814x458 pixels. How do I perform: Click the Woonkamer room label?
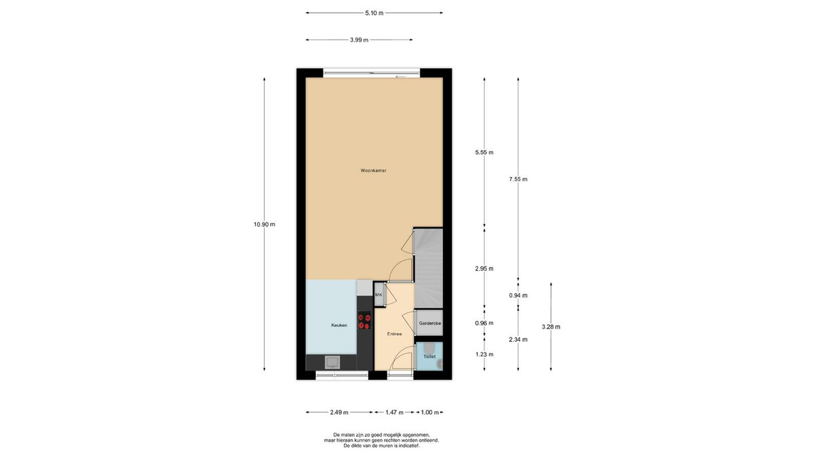tap(373, 170)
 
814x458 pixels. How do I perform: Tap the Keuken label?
tap(338, 325)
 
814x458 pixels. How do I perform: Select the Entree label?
tap(394, 334)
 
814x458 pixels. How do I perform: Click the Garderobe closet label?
tap(430, 323)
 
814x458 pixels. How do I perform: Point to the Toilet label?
tap(429, 357)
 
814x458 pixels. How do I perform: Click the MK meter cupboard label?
tap(379, 294)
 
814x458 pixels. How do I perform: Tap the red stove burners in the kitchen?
tap(364, 322)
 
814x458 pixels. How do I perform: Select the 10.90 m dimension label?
tap(264, 225)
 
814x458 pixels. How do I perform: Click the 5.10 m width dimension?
tap(374, 13)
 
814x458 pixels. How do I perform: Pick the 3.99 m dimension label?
tap(359, 40)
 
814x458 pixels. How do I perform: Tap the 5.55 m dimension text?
tap(484, 152)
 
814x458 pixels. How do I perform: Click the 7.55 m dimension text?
tap(518, 179)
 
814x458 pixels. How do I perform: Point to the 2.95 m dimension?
tap(484, 269)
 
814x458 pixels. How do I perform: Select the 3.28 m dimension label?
tap(551, 327)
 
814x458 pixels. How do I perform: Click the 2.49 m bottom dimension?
tap(339, 413)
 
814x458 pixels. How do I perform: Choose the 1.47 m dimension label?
tap(394, 413)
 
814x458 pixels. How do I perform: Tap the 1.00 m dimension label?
tap(430, 413)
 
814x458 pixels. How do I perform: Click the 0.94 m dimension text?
tap(518, 296)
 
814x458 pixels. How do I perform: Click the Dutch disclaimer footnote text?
tap(381, 440)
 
